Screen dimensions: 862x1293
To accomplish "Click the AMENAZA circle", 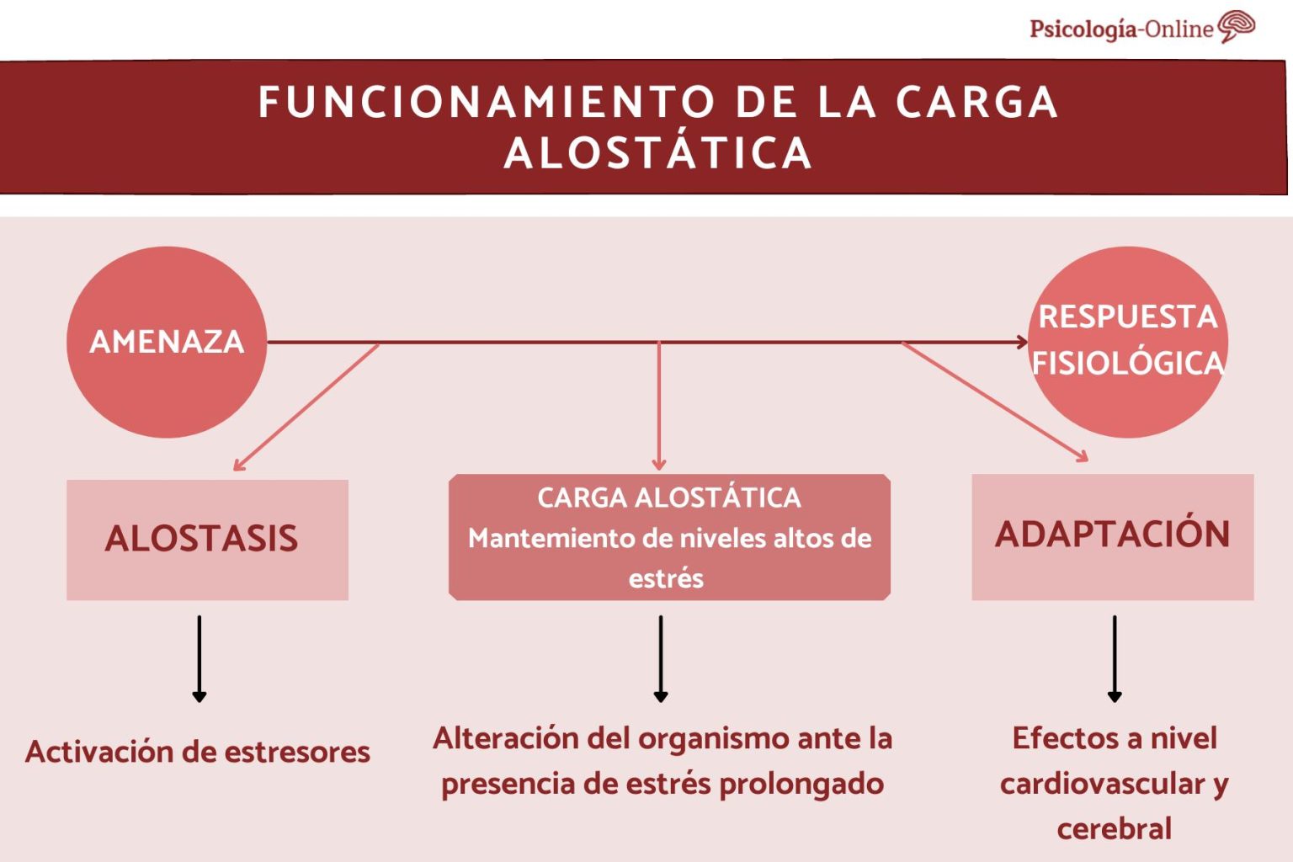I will click(x=167, y=342).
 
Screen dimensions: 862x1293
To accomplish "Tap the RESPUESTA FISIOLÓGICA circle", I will click(x=1128, y=341).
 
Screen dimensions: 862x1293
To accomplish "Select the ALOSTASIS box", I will click(x=207, y=539).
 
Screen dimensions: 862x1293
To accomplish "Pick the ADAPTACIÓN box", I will click(x=1112, y=535).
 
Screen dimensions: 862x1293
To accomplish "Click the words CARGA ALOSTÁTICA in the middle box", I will click(x=669, y=498).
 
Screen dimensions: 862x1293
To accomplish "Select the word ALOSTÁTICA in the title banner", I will click(x=657, y=153).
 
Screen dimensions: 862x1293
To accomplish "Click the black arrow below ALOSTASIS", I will click(x=200, y=658).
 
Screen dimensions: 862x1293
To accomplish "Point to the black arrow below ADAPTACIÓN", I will click(x=1115, y=658).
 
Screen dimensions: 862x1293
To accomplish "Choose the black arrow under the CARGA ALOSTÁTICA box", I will click(x=661, y=658).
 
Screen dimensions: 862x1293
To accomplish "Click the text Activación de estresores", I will click(x=198, y=752).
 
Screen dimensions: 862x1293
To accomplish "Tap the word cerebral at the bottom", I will click(x=1114, y=829).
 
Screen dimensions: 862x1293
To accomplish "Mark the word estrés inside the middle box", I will click(x=666, y=579).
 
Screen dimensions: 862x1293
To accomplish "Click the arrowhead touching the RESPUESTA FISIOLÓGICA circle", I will click(x=1021, y=342).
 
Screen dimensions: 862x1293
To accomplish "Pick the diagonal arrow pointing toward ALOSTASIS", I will click(x=306, y=407).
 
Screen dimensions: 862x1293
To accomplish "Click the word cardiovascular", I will click(x=1104, y=784).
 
